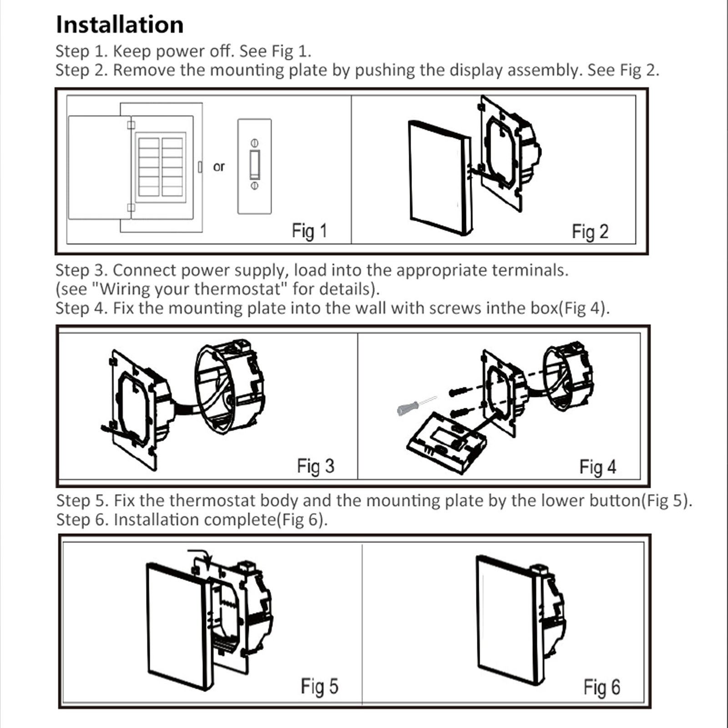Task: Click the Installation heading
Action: (x=119, y=25)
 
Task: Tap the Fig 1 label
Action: (x=309, y=231)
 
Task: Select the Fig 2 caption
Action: (x=590, y=232)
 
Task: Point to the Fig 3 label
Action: (x=315, y=466)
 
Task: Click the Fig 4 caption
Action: (x=597, y=467)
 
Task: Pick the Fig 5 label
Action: (x=319, y=686)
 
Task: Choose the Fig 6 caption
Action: (x=602, y=687)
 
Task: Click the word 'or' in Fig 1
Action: (x=219, y=167)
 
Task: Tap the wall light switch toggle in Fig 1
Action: (x=255, y=164)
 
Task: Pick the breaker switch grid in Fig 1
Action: (x=161, y=167)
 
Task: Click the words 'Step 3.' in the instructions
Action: (x=81, y=270)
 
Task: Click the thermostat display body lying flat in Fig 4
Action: (x=446, y=444)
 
